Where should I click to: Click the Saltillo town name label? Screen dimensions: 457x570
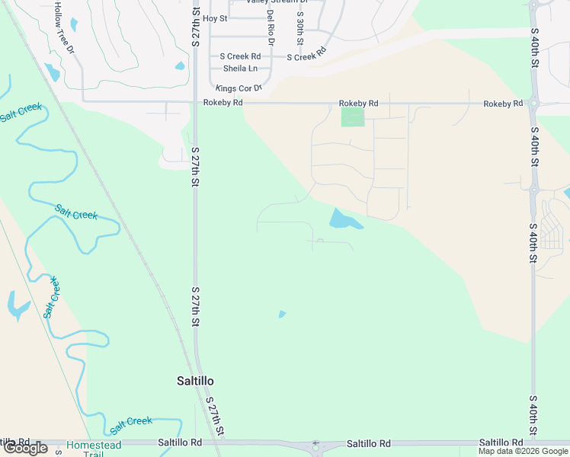coord(191,380)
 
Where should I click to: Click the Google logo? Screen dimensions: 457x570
coord(25,448)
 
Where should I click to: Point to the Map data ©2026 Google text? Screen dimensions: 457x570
coord(522,451)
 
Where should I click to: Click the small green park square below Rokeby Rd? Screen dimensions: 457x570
coord(352,117)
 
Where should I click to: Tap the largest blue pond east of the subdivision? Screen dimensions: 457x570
coord(344,220)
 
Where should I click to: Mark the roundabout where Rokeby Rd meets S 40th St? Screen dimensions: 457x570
coord(533,104)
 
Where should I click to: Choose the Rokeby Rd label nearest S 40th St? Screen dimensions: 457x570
coord(503,103)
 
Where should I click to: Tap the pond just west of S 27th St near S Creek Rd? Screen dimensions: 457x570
coord(180,66)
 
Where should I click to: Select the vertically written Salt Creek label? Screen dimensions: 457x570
coord(51,297)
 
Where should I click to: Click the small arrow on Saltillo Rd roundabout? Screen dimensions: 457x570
coord(315,444)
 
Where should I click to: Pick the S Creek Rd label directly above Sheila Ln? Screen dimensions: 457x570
coord(239,56)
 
